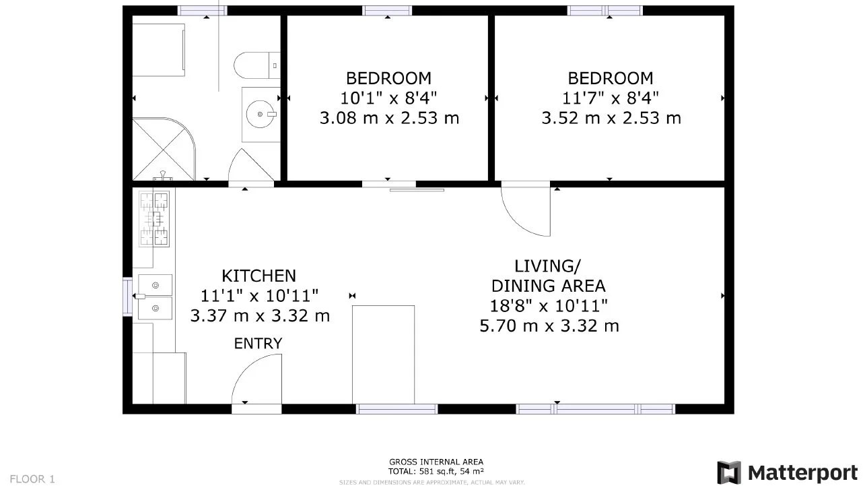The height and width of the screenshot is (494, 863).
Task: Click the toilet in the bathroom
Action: pos(256,65)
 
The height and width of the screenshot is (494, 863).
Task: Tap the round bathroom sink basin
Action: pos(261,114)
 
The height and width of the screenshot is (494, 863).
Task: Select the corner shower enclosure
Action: pos(164,149)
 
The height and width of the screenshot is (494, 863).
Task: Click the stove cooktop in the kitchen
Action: pos(154,219)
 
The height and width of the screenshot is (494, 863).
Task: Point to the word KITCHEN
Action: pos(259,276)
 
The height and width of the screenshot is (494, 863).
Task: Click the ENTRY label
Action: pos(258,343)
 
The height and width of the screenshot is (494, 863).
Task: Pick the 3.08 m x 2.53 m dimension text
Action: pos(390,118)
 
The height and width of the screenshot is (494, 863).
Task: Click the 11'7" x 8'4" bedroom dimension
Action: pos(611,98)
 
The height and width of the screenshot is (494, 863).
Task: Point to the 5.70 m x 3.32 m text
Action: pos(549,326)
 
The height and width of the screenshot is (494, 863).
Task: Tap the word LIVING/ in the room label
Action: pos(547,266)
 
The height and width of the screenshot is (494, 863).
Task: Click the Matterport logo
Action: pos(788,472)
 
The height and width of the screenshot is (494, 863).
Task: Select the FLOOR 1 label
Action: pos(32,479)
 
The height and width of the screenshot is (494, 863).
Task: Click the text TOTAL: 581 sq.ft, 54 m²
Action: pos(436,471)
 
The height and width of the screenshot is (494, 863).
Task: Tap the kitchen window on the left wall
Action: pos(127,297)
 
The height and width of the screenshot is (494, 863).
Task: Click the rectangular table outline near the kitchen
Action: pos(383,354)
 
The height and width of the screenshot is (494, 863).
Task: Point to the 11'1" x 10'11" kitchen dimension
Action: pos(260,296)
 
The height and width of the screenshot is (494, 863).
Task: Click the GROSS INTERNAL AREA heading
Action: pos(436,462)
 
